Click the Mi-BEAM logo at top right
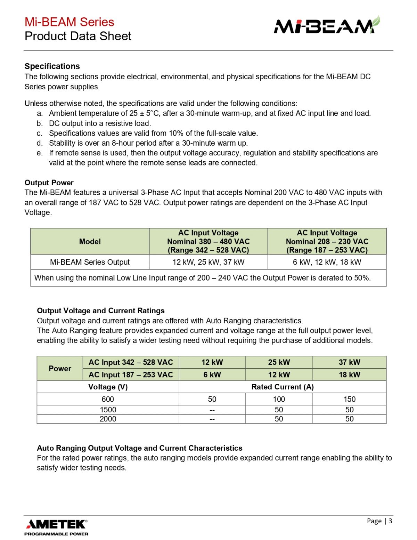point(327,26)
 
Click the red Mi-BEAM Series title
point(69,22)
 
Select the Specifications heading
point(52,66)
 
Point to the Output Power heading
point(49,183)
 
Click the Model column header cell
point(90,241)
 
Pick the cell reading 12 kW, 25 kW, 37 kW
point(208,262)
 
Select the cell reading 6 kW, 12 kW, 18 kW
point(327,262)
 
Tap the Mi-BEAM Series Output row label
point(90,262)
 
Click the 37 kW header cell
point(349,362)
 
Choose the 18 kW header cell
point(349,374)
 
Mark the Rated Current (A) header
point(282,387)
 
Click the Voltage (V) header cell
point(108,387)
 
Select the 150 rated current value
point(349,399)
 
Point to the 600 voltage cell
point(108,399)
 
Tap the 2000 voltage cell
point(108,419)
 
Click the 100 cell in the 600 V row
point(279,399)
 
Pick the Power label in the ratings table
point(60,369)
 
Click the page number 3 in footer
point(390,521)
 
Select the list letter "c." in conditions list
point(40,133)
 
